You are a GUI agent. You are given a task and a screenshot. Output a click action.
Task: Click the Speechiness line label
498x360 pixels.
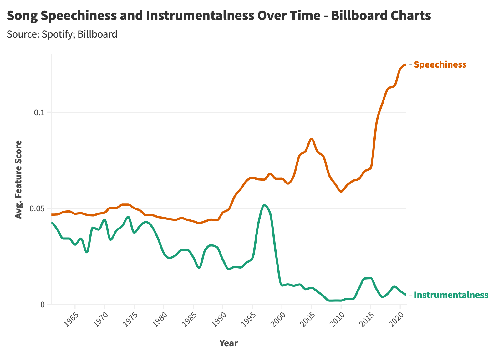tap(440, 65)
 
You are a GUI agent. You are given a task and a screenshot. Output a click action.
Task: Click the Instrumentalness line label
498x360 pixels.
tap(451, 295)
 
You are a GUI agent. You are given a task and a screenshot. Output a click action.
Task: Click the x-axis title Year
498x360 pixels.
tap(228, 343)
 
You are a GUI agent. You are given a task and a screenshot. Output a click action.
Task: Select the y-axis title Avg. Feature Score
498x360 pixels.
tap(19, 179)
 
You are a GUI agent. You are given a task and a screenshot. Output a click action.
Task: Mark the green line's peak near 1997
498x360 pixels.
tap(264, 205)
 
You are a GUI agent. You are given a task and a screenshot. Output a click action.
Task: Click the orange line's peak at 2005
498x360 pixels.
tap(311, 139)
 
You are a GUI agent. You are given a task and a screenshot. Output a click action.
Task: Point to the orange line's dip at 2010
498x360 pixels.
tap(341, 191)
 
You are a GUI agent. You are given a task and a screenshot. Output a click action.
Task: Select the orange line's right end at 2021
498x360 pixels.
tap(406, 64)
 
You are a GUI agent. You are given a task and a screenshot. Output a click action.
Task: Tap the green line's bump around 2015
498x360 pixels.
tap(368, 278)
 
